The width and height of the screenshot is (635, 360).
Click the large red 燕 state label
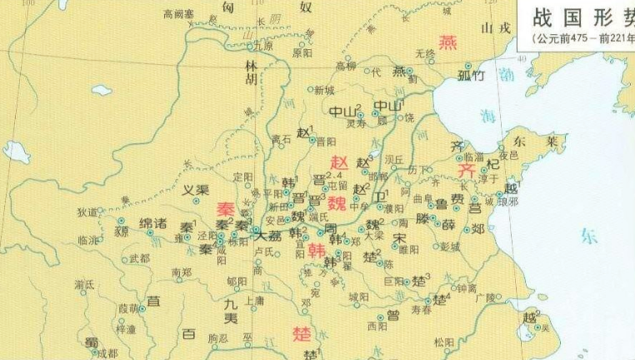pos(449,41)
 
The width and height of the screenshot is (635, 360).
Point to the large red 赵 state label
pos(339,162)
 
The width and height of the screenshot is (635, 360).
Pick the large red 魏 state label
pos(337,203)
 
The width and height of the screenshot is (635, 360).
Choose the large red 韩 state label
pos(317,250)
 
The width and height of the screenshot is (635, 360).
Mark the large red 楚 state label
pos(302,335)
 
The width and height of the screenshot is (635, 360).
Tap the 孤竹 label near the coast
pos(471,77)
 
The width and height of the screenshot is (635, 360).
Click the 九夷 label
pos(231,311)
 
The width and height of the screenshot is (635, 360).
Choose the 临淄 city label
pos(472,156)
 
